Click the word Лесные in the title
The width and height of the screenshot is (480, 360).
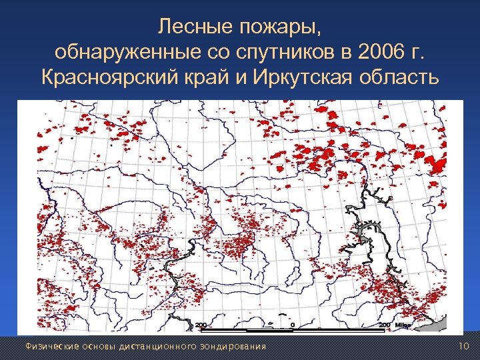pyautogui.click(x=191, y=27)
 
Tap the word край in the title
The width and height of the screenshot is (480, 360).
pyautogui.click(x=204, y=78)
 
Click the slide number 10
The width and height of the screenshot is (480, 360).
pyautogui.click(x=464, y=345)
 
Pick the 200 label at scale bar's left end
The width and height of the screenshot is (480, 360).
pyautogui.click(x=201, y=325)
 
